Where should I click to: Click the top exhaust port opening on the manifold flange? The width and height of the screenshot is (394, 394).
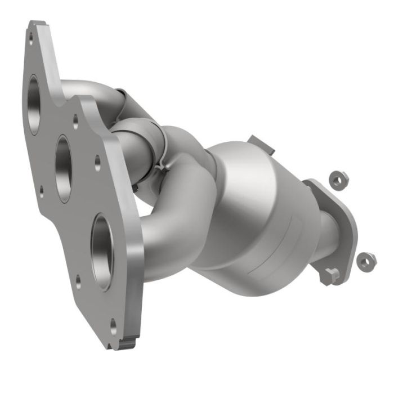coord(34,104)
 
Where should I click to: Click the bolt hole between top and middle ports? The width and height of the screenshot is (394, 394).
coord(75,119)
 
